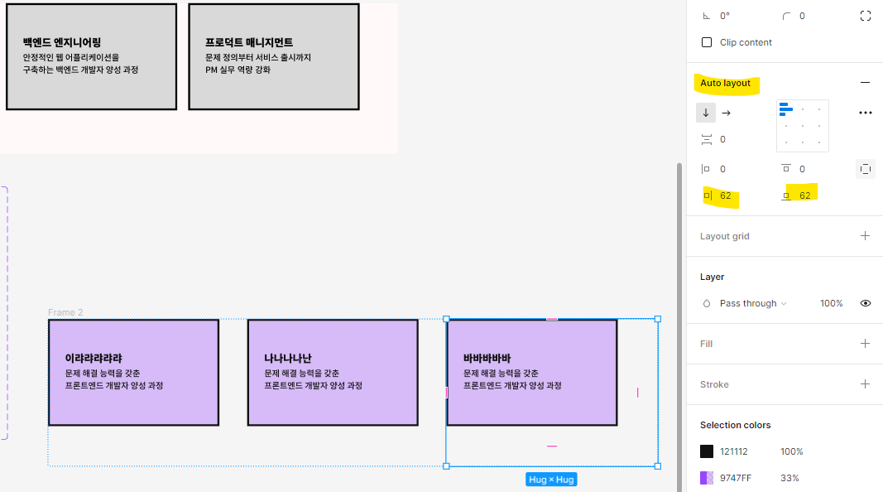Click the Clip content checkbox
click(x=707, y=42)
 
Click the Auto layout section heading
click(x=725, y=83)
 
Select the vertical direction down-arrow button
click(x=706, y=113)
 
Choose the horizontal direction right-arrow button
click(x=727, y=113)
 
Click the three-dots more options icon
click(x=866, y=113)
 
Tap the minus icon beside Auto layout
click(x=866, y=83)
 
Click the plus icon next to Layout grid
click(x=866, y=236)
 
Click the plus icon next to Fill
click(x=866, y=344)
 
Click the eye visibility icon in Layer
click(x=866, y=303)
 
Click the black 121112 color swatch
click(x=707, y=451)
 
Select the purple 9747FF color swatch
click(x=707, y=478)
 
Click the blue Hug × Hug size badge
click(x=551, y=480)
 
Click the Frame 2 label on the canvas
click(x=65, y=312)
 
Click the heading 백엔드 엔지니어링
click(x=62, y=42)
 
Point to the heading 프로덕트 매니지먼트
click(x=249, y=42)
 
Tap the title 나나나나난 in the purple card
click(x=288, y=359)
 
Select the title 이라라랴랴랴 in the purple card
click(x=94, y=359)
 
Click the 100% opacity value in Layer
click(x=831, y=303)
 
